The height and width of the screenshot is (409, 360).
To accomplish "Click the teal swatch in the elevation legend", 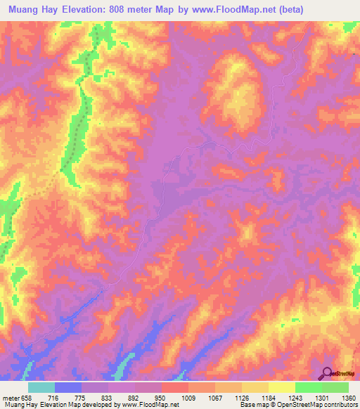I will pos(41,387).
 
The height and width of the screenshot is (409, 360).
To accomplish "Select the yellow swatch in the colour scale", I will pos(282,387).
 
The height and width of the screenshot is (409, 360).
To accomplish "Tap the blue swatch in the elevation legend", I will pos(68,387).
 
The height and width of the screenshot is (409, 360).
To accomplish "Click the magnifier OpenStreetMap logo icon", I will pos(327,374).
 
